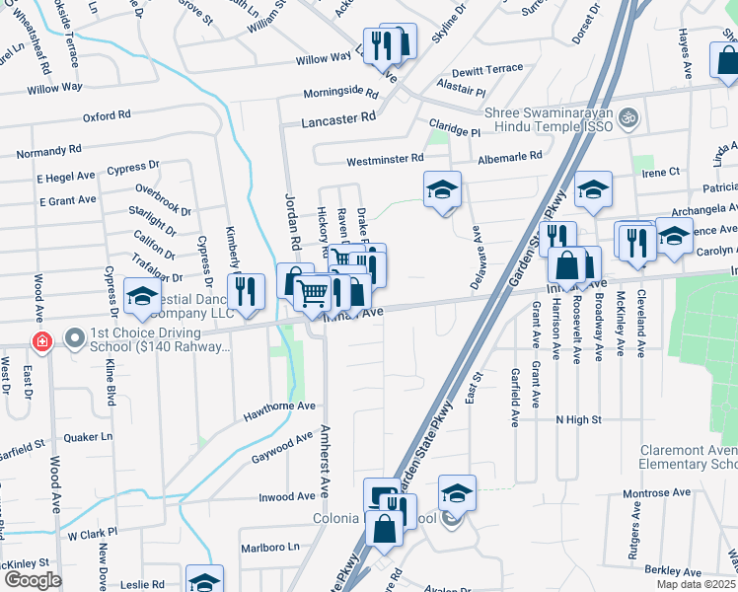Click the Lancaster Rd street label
341,116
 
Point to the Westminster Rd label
384,159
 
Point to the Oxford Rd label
107,115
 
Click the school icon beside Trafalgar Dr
143,295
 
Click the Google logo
33,579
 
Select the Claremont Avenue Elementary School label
688,456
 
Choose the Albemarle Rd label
509,156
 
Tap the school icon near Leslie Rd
205,581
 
